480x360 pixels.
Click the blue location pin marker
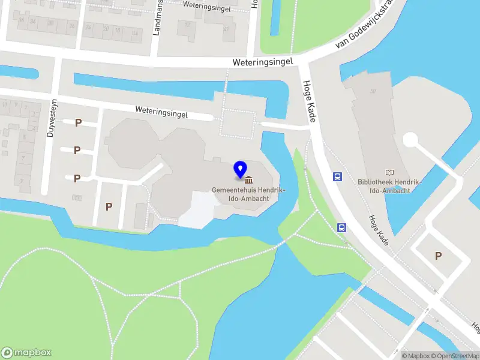pyautogui.click(x=241, y=169)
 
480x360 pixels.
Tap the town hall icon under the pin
pyautogui.click(x=248, y=180)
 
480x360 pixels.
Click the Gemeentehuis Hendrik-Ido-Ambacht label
pyautogui.click(x=248, y=194)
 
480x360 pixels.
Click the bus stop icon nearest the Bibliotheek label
pyautogui.click(x=338, y=176)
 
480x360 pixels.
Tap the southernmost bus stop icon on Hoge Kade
pyautogui.click(x=341, y=227)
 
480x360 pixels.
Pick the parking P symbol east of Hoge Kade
pyautogui.click(x=438, y=256)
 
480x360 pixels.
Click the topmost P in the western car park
pyautogui.click(x=78, y=122)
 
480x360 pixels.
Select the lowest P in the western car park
pyautogui.click(x=109, y=206)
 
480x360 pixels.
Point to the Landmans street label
pyautogui.click(x=158, y=18)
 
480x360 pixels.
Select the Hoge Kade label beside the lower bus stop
pyautogui.click(x=379, y=229)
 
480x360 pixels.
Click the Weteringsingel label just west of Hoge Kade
pyautogui.click(x=263, y=62)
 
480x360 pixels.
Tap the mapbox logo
pyautogui.click(x=26, y=352)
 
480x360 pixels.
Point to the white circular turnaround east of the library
pyautogui.click(x=411, y=140)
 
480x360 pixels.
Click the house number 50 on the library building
pyautogui.click(x=373, y=91)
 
